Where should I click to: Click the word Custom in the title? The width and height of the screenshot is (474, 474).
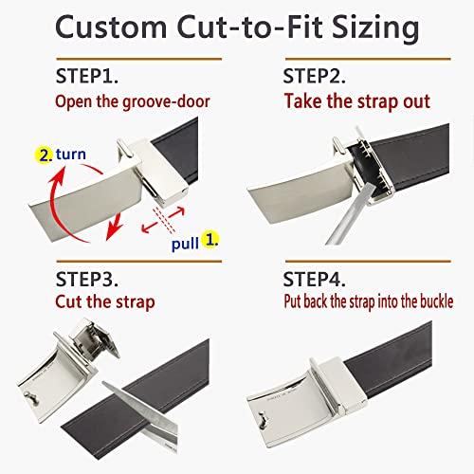pos(111,27)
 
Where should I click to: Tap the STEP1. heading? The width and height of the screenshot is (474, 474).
pos(87,76)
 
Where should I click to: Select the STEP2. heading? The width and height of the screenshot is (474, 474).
pos(314,76)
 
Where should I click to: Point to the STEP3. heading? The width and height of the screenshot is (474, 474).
pos(87,279)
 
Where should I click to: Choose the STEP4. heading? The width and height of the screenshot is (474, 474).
pos(314,279)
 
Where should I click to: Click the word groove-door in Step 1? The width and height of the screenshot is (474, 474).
pos(166,102)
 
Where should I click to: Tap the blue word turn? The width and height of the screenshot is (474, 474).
pos(71,155)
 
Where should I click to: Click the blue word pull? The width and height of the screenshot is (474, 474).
pos(185,244)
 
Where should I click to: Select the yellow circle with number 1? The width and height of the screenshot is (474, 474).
pos(210,239)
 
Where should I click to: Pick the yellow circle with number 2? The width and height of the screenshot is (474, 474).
pos(44,155)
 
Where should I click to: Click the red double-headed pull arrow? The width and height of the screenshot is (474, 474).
pos(163,220)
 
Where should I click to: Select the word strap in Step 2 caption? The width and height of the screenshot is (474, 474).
pos(378,102)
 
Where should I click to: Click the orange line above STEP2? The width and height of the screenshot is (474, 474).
pos(368,59)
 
